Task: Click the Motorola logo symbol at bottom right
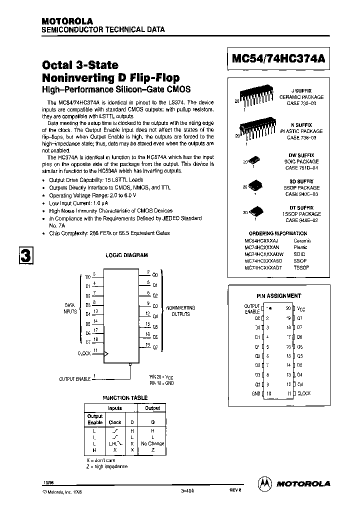point(265,483)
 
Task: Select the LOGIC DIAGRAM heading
point(126,255)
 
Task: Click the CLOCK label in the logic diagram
point(83,353)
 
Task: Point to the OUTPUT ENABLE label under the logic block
point(75,379)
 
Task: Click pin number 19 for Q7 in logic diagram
point(147,345)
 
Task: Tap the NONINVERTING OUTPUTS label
point(180,311)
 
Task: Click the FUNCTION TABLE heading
point(125,398)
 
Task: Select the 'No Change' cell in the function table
point(152,443)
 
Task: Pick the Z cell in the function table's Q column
point(152,450)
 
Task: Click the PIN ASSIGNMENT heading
point(279,295)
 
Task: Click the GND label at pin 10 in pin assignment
point(256,393)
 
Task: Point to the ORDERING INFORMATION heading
point(278,233)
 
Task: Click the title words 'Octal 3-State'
point(80,65)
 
